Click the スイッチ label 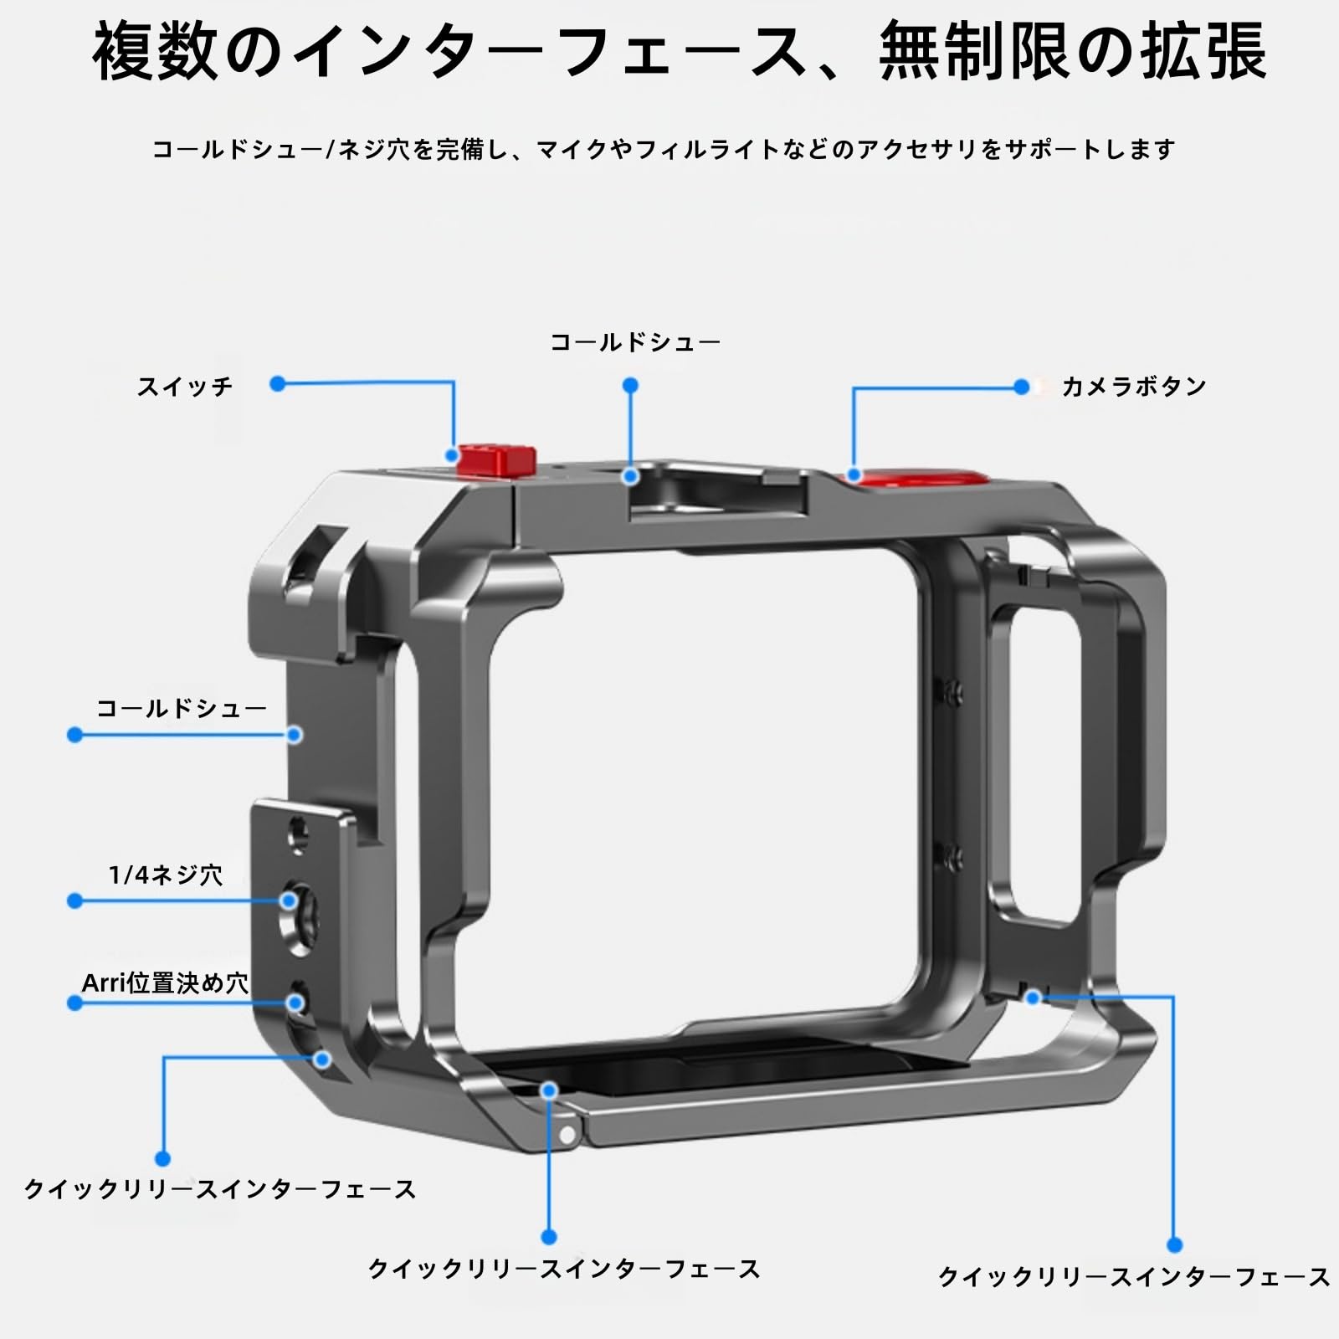tap(185, 387)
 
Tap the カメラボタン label tap(1134, 387)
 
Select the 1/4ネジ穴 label tap(166, 875)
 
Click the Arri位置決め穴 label tap(165, 982)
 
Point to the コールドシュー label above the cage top tap(635, 342)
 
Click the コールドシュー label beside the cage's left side tap(182, 709)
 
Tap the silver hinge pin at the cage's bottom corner tap(568, 1136)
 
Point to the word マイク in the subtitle tap(572, 150)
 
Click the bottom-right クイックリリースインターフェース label tap(1134, 1276)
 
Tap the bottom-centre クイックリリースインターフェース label tap(564, 1269)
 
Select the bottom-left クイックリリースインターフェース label tap(220, 1189)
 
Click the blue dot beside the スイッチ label tap(278, 384)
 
